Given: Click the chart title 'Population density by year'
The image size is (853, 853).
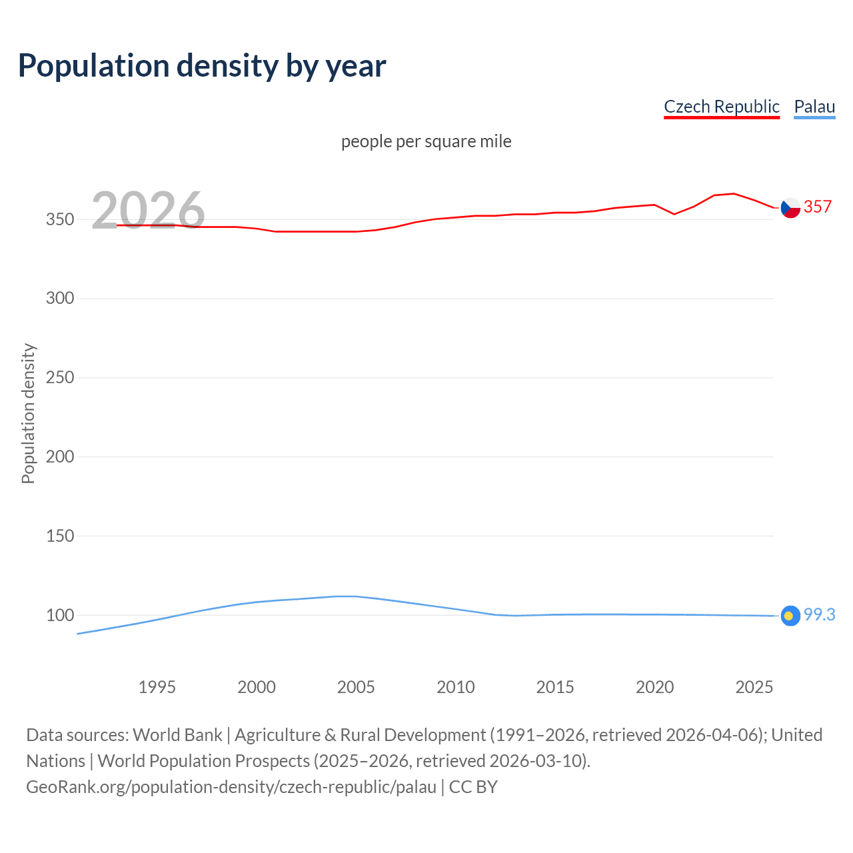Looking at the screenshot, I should [x=202, y=66].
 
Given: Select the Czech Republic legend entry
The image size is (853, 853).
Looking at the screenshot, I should [x=721, y=107].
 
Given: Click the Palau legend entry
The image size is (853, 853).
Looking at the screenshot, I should [x=814, y=107].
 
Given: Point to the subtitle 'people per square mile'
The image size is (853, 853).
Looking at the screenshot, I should [x=426, y=141].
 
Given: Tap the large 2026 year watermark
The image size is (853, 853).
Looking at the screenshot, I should [x=148, y=211].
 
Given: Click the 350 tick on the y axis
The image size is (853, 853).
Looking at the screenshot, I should [x=60, y=219].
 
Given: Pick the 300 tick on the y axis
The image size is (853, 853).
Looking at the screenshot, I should [x=60, y=299].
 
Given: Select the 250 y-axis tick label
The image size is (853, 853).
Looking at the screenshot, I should [x=60, y=378].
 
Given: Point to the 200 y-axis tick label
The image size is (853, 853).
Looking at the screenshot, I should [x=60, y=457].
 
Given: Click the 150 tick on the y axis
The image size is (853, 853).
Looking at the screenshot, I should [x=60, y=536].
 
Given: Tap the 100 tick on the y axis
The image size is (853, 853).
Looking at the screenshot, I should [x=60, y=615].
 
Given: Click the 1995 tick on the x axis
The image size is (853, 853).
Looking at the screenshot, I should [x=157, y=687].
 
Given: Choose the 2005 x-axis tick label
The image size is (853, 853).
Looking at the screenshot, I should [x=356, y=687].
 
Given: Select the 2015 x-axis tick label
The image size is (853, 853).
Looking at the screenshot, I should [x=555, y=687].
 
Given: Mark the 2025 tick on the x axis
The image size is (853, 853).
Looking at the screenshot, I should [x=754, y=687].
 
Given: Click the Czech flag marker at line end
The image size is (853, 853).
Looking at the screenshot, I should [x=790, y=208].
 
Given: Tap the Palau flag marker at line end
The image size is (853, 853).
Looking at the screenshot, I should [x=790, y=616].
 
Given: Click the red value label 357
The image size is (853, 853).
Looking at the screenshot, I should [x=818, y=207].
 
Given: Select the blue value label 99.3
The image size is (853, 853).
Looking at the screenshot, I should [x=819, y=615].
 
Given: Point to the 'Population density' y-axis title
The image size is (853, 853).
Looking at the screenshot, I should [x=28, y=413].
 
